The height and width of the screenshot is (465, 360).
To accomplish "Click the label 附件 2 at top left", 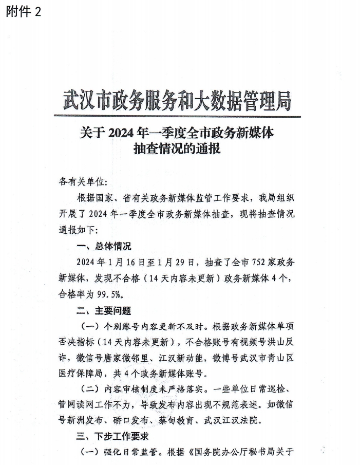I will click(x=24, y=12).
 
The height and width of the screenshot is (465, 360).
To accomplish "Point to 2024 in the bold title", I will click(x=123, y=134).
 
